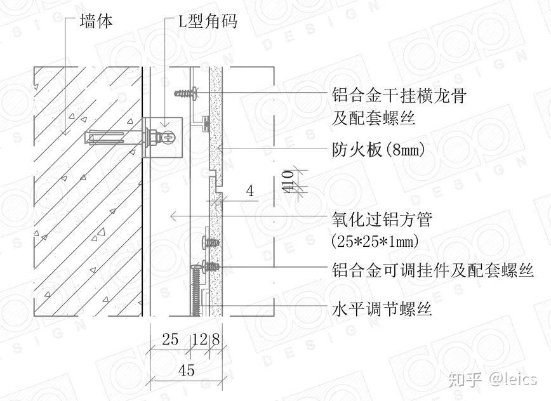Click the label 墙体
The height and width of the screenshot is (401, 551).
point(96,22)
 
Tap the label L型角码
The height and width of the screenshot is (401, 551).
point(206,22)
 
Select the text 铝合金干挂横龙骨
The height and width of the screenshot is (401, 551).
point(400,96)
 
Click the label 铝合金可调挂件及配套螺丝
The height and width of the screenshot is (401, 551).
point(432,271)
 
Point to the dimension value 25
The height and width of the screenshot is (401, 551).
point(169,340)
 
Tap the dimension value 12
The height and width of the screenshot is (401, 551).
point(199,340)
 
